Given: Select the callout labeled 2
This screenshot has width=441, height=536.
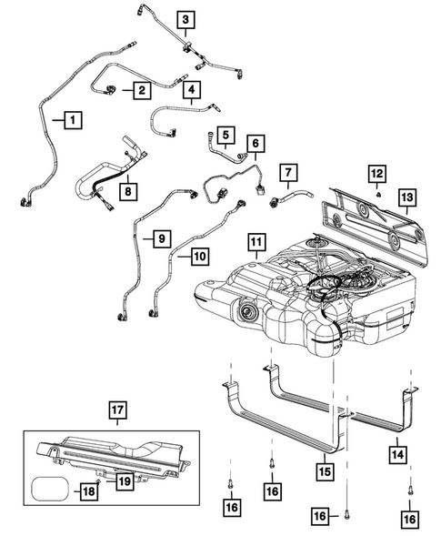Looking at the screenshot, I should [142, 90].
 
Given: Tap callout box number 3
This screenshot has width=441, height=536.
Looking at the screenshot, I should [185, 19].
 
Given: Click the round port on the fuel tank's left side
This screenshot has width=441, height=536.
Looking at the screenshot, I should [245, 316].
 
